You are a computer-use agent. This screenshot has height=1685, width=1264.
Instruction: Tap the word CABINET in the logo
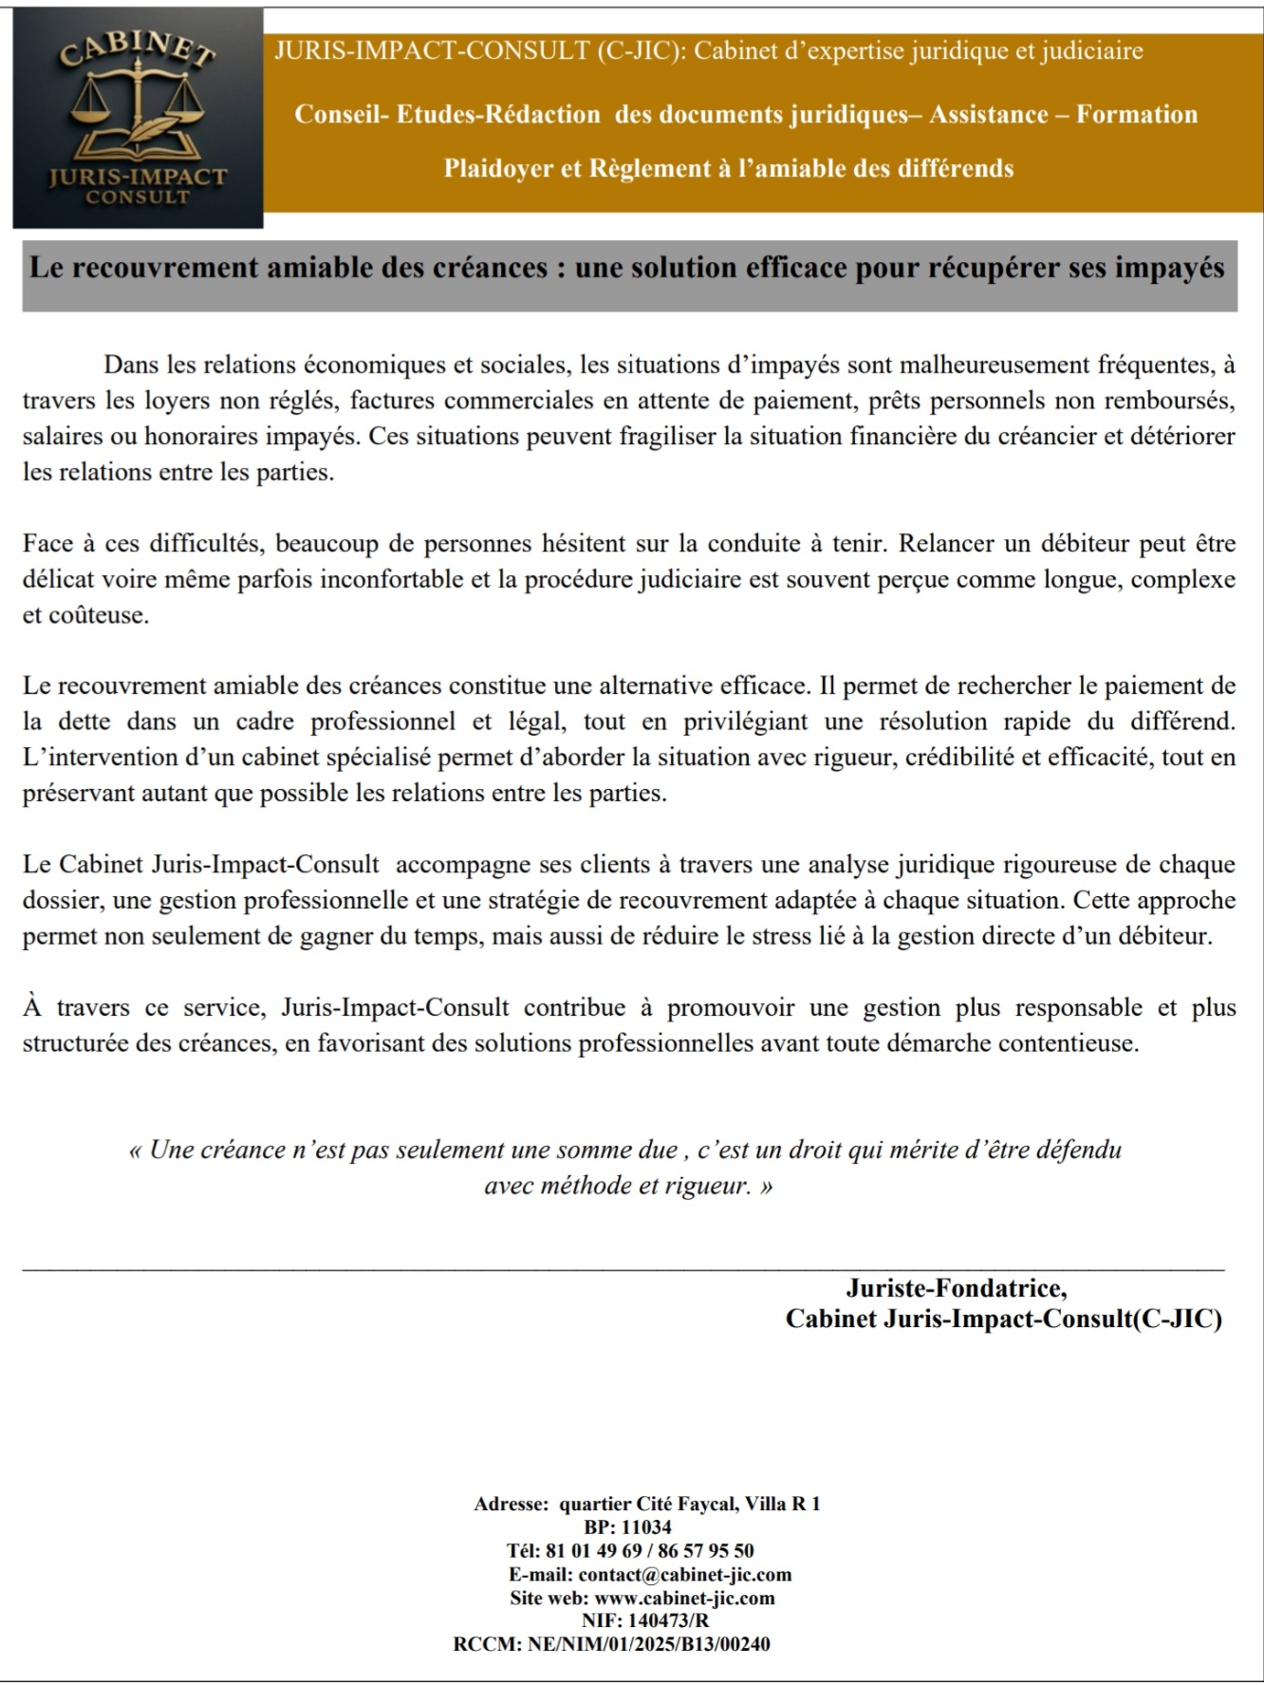[x=138, y=47]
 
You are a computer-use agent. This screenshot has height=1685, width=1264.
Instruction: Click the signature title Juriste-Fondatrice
[x=956, y=1288]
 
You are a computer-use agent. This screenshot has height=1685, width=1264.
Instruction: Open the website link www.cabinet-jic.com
[x=684, y=1599]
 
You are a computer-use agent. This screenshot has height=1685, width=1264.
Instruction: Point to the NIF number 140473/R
[x=668, y=1621]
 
